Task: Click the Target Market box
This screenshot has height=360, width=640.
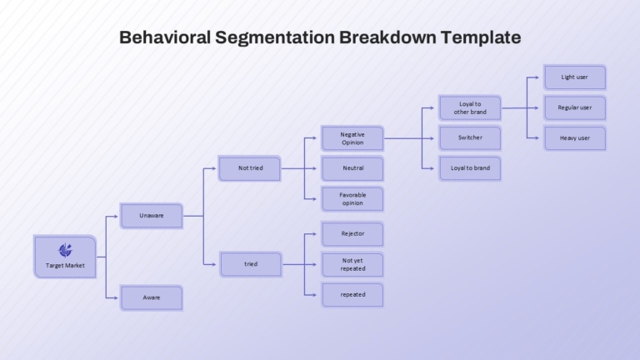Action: coord(65,257)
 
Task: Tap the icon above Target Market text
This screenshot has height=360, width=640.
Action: coord(65,250)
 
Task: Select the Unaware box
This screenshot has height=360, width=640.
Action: coord(152,216)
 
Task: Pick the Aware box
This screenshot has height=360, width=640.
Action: coord(152,297)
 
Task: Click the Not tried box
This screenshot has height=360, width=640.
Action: coord(250,168)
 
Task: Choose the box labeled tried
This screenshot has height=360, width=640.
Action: coord(251,264)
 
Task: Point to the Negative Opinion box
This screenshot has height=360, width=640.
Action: coord(352,138)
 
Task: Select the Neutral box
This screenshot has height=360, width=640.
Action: coord(352,168)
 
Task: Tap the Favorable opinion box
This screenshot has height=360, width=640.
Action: coord(352,199)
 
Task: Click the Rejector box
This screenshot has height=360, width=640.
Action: coord(352,234)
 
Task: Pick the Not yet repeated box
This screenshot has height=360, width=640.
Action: coord(352,264)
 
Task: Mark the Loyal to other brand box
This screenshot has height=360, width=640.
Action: coord(470,107)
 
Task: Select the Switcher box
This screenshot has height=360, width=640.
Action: coord(470,138)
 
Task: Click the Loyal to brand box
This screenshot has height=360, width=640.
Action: coord(470,168)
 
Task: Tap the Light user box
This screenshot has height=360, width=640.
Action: coord(575,77)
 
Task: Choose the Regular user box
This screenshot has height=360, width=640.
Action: coord(575,107)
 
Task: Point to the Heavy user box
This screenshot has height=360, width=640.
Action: coord(575,138)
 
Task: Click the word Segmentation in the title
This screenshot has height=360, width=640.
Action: coord(275,38)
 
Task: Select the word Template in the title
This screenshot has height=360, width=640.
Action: coord(481,38)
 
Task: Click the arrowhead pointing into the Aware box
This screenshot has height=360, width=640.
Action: coord(116,298)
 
